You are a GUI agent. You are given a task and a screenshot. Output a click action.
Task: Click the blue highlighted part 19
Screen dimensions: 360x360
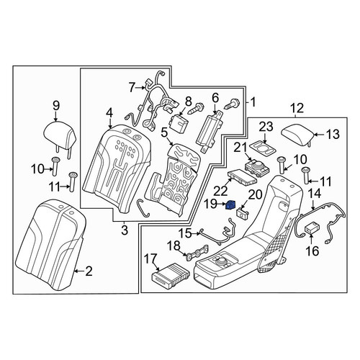coord(231,204)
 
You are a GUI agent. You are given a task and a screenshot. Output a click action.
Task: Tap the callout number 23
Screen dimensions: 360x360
coord(266,127)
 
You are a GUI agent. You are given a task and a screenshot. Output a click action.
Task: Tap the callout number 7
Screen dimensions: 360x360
coord(132,87)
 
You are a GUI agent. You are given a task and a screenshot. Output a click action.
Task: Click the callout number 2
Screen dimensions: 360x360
coord(89,271)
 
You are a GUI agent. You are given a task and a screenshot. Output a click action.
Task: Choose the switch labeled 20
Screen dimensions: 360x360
coord(243,212)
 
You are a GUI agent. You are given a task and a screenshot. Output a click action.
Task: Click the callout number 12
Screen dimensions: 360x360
coord(297,108)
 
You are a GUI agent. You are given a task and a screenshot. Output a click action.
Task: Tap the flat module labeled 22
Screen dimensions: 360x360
coord(242,177)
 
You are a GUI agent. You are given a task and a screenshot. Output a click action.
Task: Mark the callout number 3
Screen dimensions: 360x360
coord(125,230)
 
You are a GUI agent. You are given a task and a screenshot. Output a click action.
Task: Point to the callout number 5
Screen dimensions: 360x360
coord(164,132)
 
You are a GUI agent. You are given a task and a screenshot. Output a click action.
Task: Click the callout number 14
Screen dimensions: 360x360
coord(314,194)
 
